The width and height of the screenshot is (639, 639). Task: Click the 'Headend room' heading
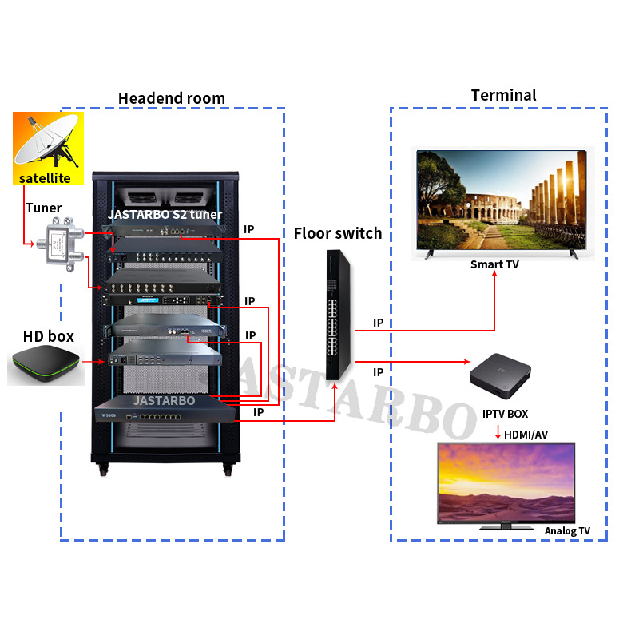coord(172,98)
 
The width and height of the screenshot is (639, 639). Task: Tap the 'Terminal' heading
coord(503,95)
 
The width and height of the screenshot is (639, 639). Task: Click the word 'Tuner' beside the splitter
coord(43,208)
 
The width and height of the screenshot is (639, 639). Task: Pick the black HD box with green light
coord(46,366)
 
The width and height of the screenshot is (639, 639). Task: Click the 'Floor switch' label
coord(338,233)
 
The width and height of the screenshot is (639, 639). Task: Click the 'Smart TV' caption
coord(494,264)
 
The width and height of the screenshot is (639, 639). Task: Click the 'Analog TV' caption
coord(567,530)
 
